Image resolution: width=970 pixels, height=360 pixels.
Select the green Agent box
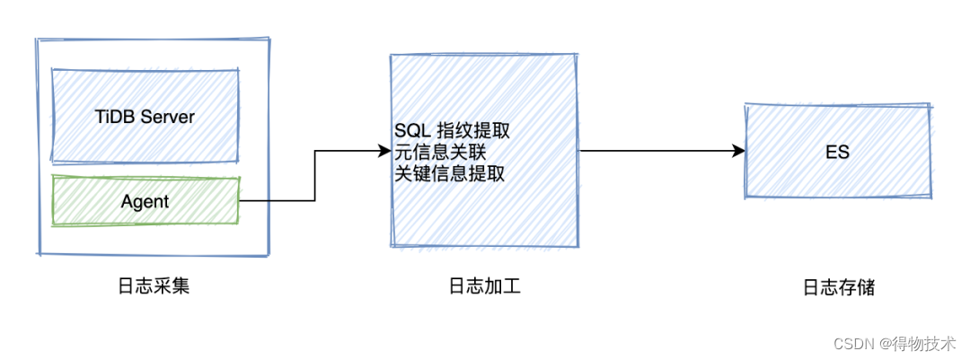pyautogui.click(x=145, y=201)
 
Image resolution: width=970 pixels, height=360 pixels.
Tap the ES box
pyautogui.click(x=837, y=152)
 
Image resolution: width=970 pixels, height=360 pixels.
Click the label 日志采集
pyautogui.click(x=154, y=286)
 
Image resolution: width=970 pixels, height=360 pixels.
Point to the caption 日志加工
pyautogui.click(x=484, y=286)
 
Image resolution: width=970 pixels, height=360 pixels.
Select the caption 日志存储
pyautogui.click(x=838, y=288)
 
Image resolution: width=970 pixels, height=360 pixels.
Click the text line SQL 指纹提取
pyautogui.click(x=452, y=131)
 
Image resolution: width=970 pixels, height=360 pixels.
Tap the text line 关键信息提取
pyautogui.click(x=449, y=174)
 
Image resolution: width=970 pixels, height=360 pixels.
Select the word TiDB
pyautogui.click(x=115, y=117)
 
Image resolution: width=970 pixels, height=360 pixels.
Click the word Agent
pyautogui.click(x=145, y=201)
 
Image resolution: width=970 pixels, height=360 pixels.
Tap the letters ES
pyautogui.click(x=837, y=152)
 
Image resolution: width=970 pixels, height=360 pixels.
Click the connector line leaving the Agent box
pyautogui.click(x=278, y=201)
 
